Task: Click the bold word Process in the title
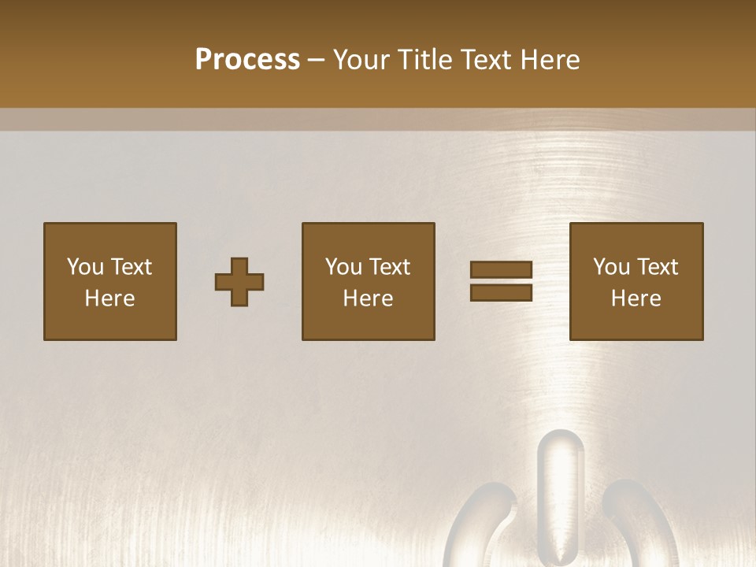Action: [x=247, y=60]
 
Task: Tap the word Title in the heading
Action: [x=425, y=60]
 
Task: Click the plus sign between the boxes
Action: [x=239, y=282]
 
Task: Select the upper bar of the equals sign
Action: [x=502, y=269]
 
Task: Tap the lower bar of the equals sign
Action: [x=502, y=293]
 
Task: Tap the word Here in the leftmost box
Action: [x=110, y=298]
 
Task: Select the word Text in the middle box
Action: [x=389, y=267]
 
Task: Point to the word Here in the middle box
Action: [x=369, y=298]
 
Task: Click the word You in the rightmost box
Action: [x=611, y=267]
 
